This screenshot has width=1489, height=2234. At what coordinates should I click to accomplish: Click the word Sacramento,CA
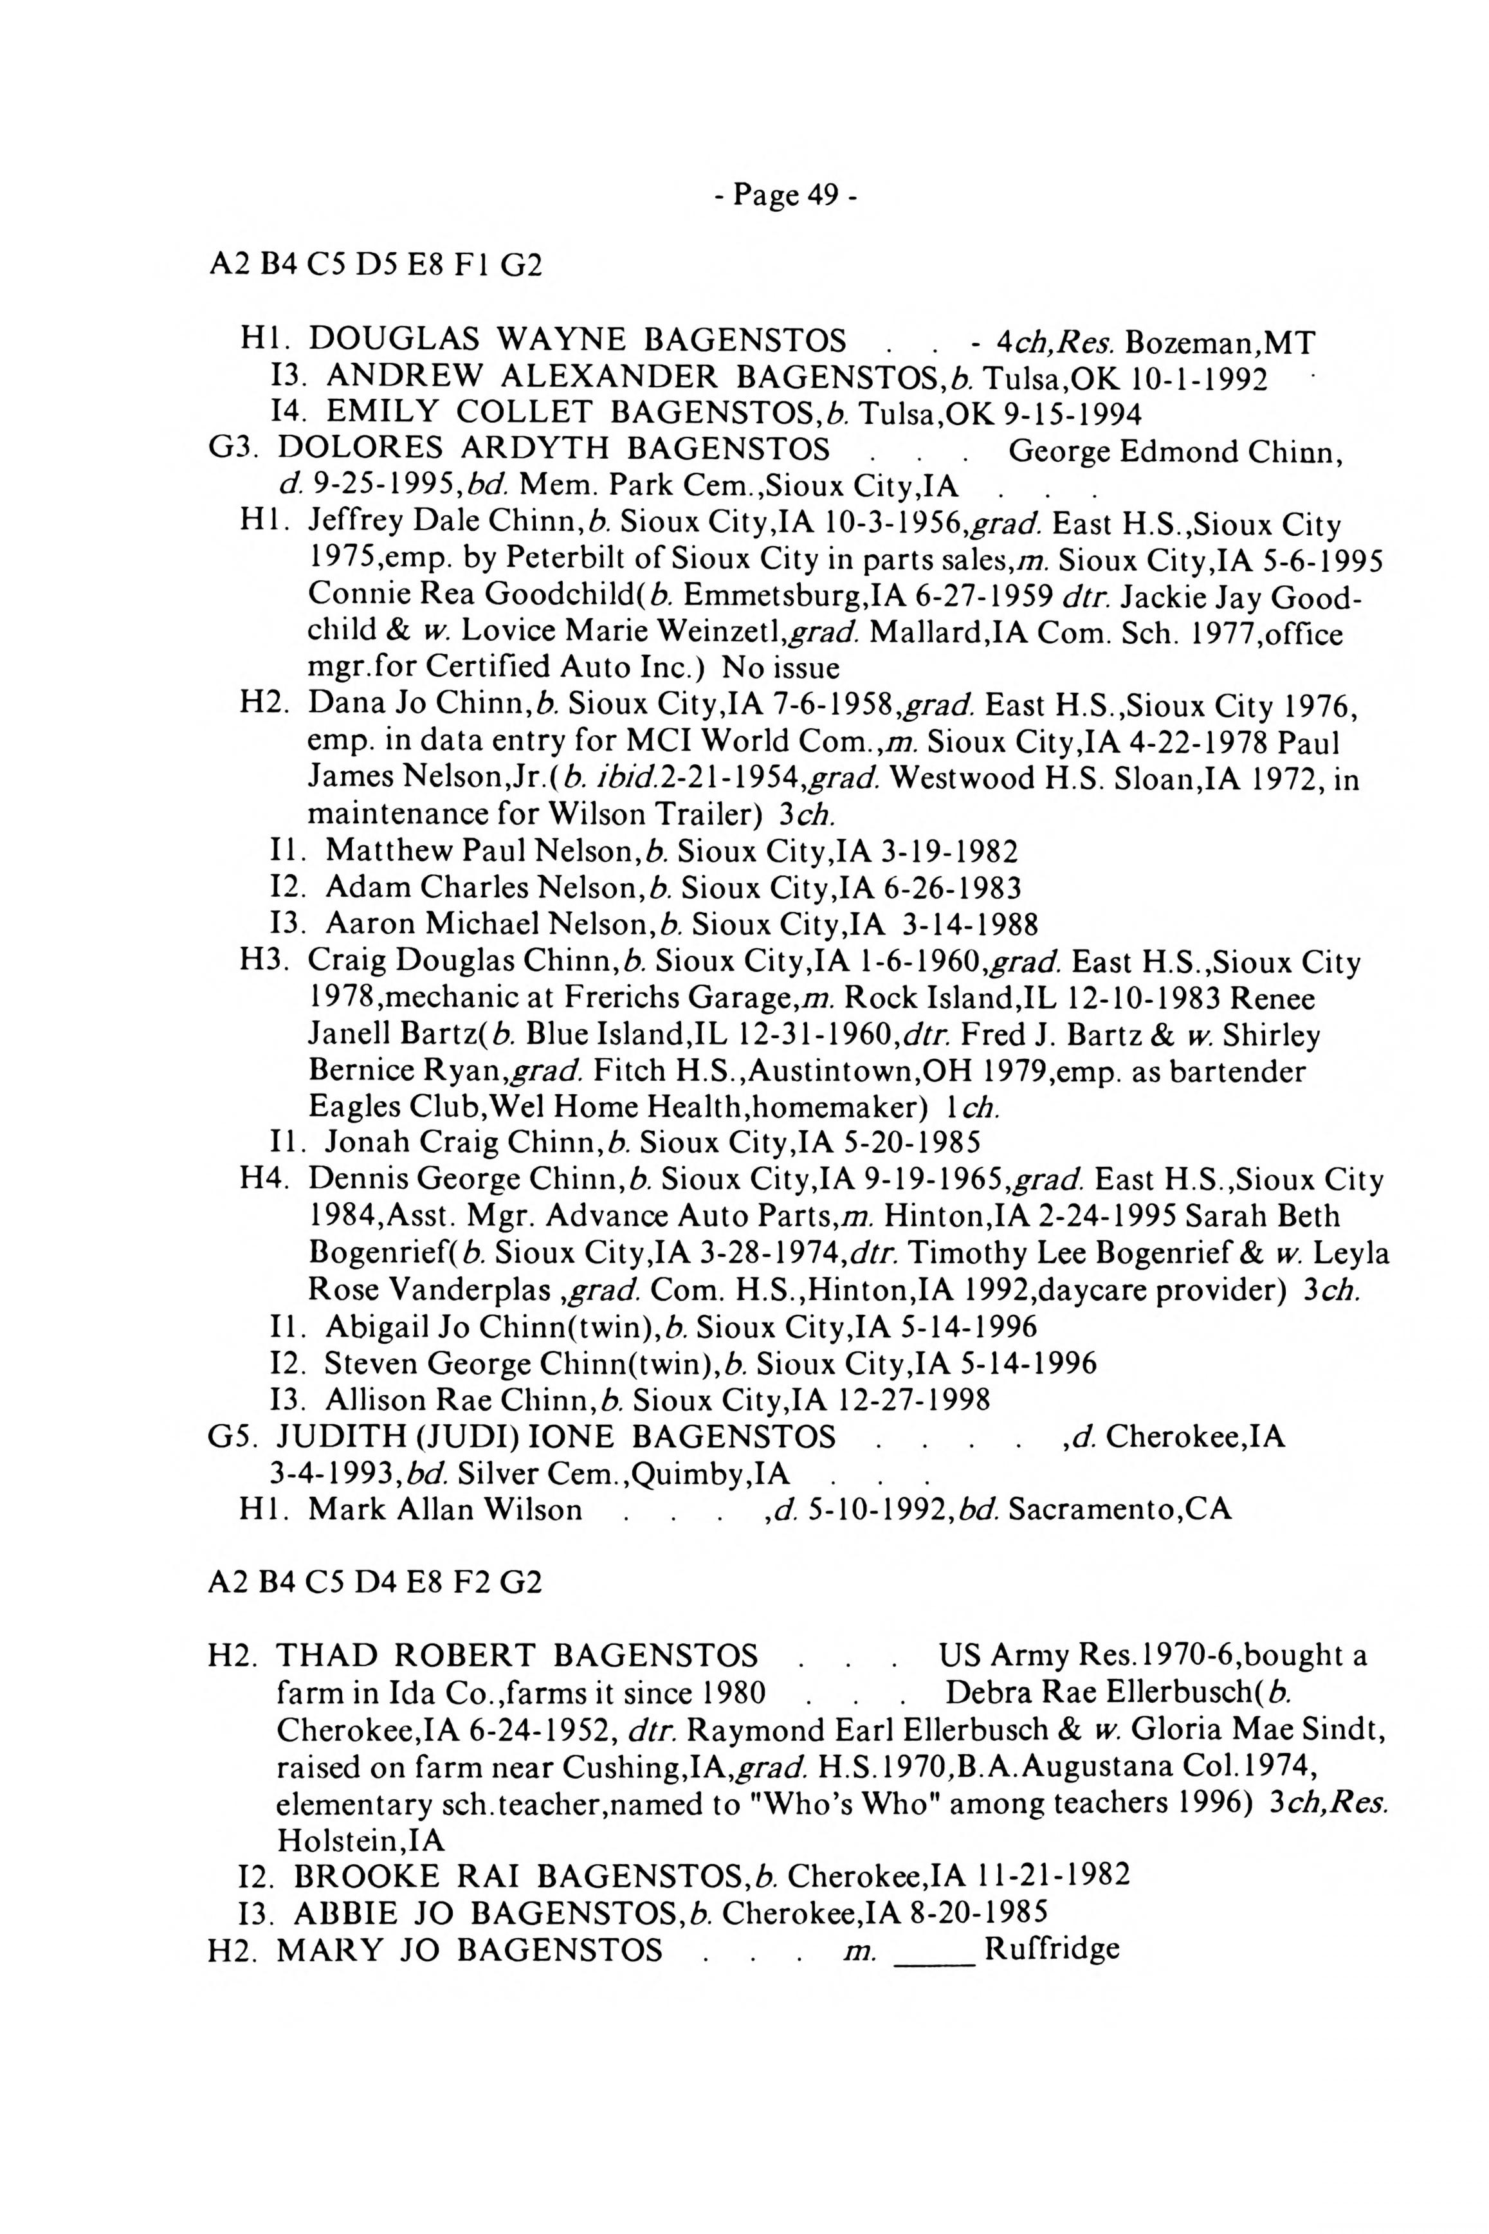tap(1120, 1510)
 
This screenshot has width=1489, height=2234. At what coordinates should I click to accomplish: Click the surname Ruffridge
tap(1052, 1949)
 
